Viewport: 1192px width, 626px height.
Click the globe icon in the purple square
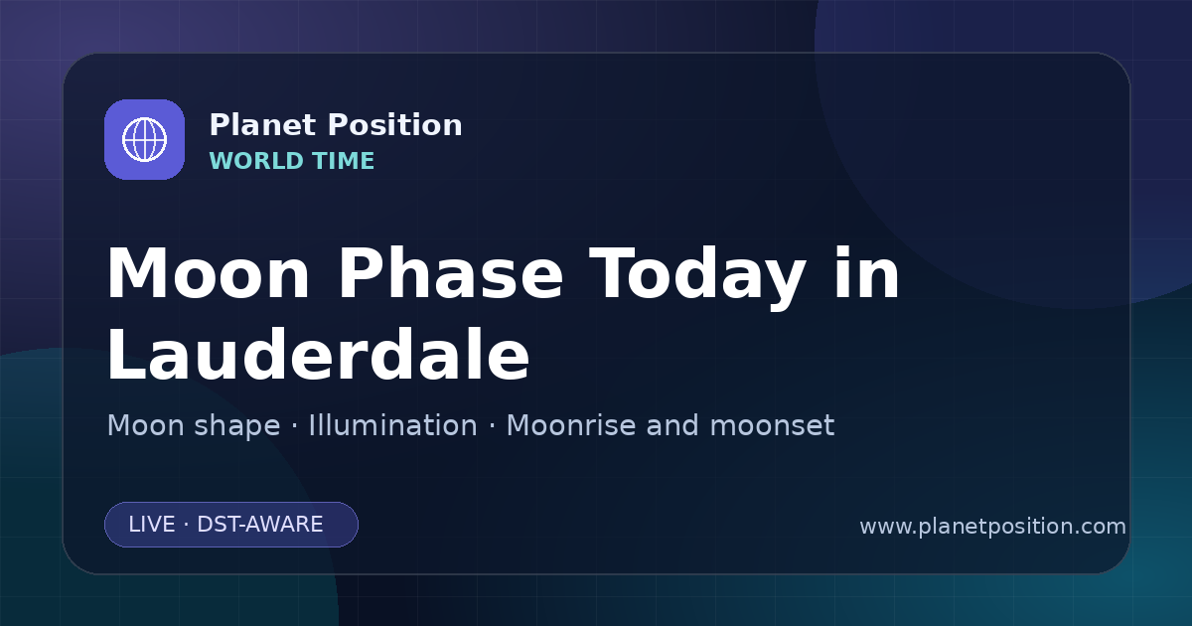click(144, 139)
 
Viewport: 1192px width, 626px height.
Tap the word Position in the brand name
click(395, 124)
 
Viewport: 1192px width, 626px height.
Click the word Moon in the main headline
click(208, 273)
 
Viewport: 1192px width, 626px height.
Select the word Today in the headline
click(697, 277)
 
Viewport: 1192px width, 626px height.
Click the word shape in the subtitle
click(236, 427)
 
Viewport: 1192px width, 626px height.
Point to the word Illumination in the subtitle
click(392, 425)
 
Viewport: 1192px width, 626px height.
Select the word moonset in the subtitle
click(772, 425)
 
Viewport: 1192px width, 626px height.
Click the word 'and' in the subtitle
click(672, 425)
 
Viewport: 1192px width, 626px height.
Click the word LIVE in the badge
click(152, 525)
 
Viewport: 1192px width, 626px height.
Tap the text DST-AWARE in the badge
click(259, 525)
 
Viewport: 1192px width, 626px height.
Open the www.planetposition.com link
click(992, 527)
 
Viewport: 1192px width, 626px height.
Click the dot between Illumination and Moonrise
click(492, 426)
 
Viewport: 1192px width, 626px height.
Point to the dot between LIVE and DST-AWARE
click(187, 525)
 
